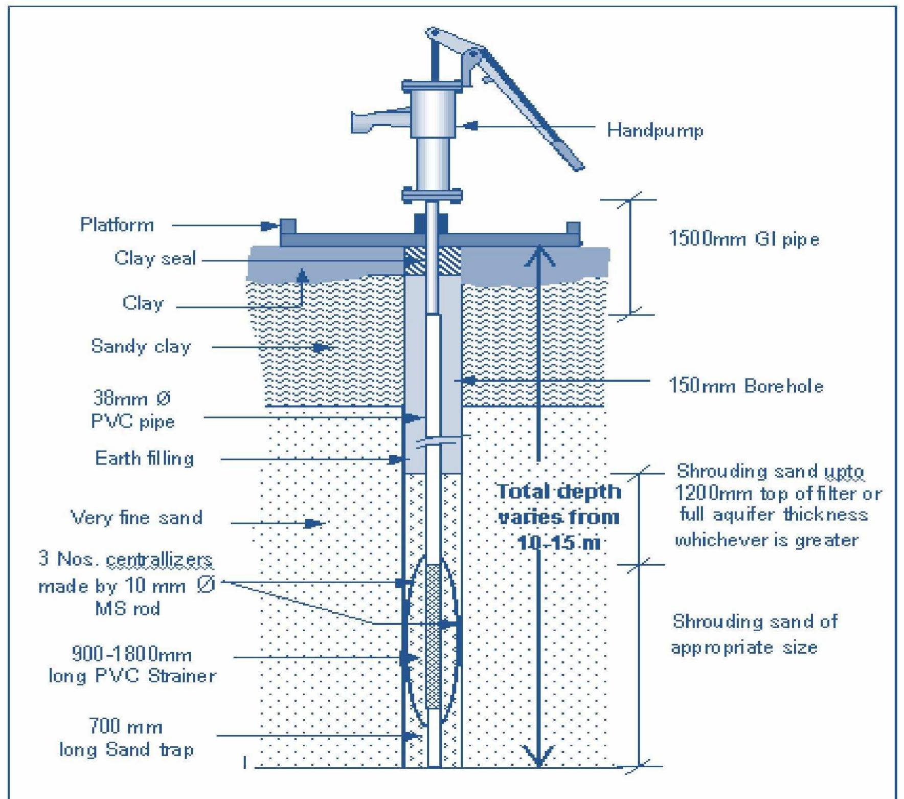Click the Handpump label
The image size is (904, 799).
click(x=654, y=130)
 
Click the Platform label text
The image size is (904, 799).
click(x=117, y=225)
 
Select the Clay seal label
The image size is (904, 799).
click(x=155, y=258)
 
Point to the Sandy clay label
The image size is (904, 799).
click(x=141, y=346)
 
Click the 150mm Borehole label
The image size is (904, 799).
click(x=745, y=386)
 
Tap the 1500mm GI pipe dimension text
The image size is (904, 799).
click(x=743, y=239)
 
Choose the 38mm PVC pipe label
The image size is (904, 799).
click(x=133, y=410)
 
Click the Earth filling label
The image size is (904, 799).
click(x=145, y=458)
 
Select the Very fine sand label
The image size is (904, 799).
click(x=137, y=518)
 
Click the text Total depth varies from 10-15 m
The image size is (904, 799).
click(x=559, y=517)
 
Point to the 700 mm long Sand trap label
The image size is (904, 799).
click(x=126, y=738)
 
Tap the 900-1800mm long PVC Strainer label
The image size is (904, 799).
click(x=132, y=665)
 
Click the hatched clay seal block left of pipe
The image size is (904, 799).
click(x=415, y=261)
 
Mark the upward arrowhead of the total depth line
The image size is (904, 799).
click(x=539, y=255)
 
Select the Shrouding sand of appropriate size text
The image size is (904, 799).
click(x=754, y=634)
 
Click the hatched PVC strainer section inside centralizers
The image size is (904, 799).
click(x=434, y=636)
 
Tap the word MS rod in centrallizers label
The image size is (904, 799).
click(x=128, y=609)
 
